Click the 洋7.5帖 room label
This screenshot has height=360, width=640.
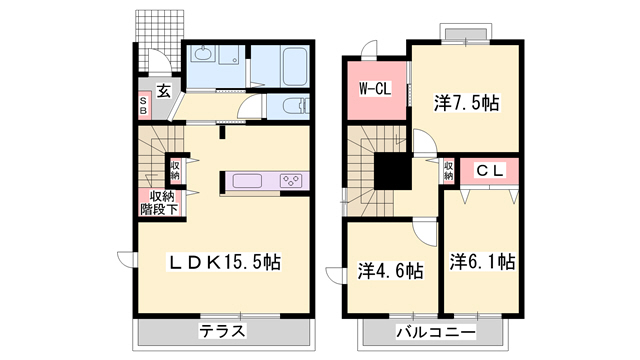click(x=466, y=102)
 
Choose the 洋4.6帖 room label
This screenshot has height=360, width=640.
click(x=390, y=270)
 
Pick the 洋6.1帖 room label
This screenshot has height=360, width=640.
click(x=482, y=262)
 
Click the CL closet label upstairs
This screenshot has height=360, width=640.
click(x=488, y=171)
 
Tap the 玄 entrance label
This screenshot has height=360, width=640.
click(x=163, y=91)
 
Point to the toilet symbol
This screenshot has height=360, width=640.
click(x=290, y=106)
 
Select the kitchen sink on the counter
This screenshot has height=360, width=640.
click(x=247, y=181)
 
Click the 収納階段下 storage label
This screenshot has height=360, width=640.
click(x=158, y=202)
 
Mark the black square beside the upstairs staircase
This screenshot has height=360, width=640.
click(x=391, y=170)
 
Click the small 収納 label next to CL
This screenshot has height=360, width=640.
click(x=447, y=170)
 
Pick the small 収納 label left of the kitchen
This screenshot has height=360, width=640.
click(x=175, y=170)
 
